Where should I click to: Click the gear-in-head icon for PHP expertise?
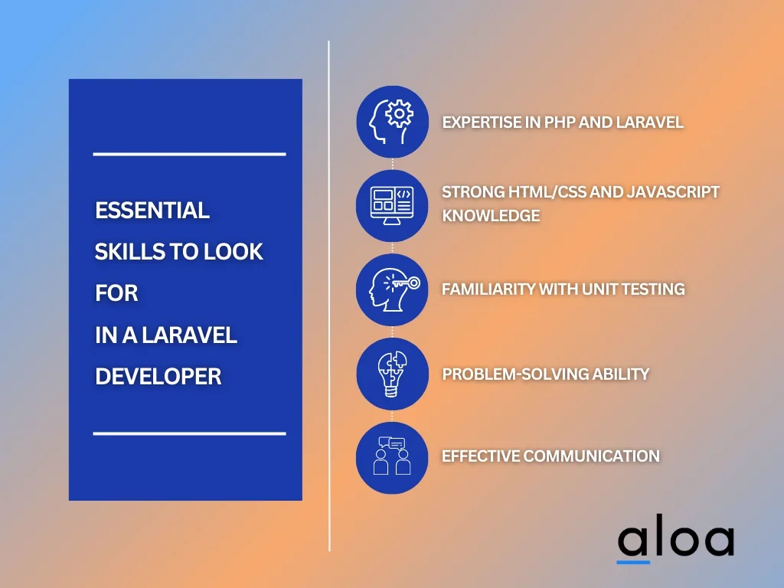pos(393,122)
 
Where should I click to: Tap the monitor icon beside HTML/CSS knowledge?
pos(392,205)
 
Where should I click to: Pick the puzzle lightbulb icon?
pos(393,374)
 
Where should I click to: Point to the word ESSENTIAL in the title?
pos(152,211)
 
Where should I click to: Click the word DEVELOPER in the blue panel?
pos(158,377)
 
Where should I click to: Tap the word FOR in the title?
pos(116,293)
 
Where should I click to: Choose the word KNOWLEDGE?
pos(491,215)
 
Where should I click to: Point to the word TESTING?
pos(653,289)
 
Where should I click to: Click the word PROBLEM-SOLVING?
pos(515,374)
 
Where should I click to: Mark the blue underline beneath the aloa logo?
pos(633,562)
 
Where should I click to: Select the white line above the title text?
pos(190,154)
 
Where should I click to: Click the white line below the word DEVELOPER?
pos(190,433)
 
